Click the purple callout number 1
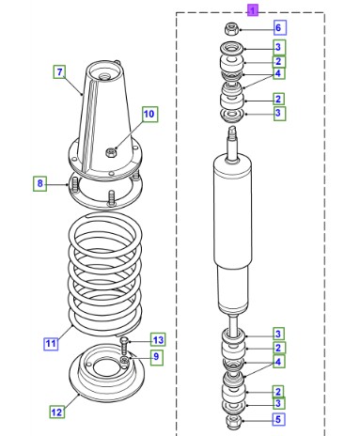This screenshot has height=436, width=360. pyautogui.click(x=252, y=10)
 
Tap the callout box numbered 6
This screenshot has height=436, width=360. pyautogui.click(x=278, y=27)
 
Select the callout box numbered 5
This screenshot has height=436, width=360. pyautogui.click(x=278, y=419)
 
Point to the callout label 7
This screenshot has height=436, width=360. pyautogui.click(x=59, y=71)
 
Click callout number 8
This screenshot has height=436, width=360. pyautogui.click(x=39, y=183)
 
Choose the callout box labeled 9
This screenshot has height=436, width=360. pyautogui.click(x=156, y=356)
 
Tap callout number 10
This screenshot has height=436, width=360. pyautogui.click(x=149, y=114)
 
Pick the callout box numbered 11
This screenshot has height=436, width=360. pyautogui.click(x=51, y=344)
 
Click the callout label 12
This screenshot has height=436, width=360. pyautogui.click(x=57, y=412)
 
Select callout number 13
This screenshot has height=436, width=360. pyautogui.click(x=158, y=339)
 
